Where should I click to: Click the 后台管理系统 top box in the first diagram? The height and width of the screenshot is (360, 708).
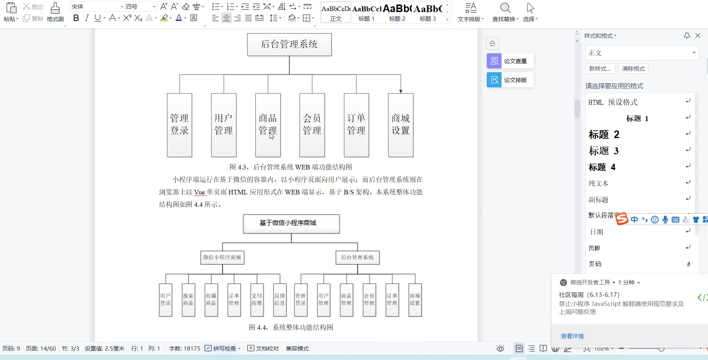coord(289,45)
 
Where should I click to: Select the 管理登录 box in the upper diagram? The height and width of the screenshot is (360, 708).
coord(179,125)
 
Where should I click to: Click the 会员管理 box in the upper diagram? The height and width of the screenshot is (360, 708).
coord(312,125)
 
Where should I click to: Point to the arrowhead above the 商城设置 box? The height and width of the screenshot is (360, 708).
coord(401,91)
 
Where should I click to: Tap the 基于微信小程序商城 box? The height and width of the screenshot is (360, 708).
coord(291,223)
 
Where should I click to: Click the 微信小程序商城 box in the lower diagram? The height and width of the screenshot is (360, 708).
coord(222,258)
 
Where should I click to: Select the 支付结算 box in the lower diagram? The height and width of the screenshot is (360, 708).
coord(257,300)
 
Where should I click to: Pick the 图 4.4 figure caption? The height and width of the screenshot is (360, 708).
coord(291,327)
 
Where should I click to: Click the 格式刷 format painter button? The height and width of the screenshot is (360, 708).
coord(55,12)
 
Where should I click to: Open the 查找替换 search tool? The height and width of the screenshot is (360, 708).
coord(505,12)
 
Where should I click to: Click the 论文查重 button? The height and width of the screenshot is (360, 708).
coord(510,61)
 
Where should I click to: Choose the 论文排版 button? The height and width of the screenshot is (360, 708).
coord(510,80)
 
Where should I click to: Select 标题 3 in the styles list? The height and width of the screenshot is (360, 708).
coord(604,151)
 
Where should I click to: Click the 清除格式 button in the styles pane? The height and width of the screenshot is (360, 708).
coord(633,69)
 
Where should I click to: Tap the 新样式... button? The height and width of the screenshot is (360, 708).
coord(600,69)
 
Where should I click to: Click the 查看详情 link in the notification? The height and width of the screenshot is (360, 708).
coord(572,336)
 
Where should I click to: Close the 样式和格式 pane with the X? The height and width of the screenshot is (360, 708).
coord(698,36)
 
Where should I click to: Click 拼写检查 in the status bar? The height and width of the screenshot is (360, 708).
coord(224,349)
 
